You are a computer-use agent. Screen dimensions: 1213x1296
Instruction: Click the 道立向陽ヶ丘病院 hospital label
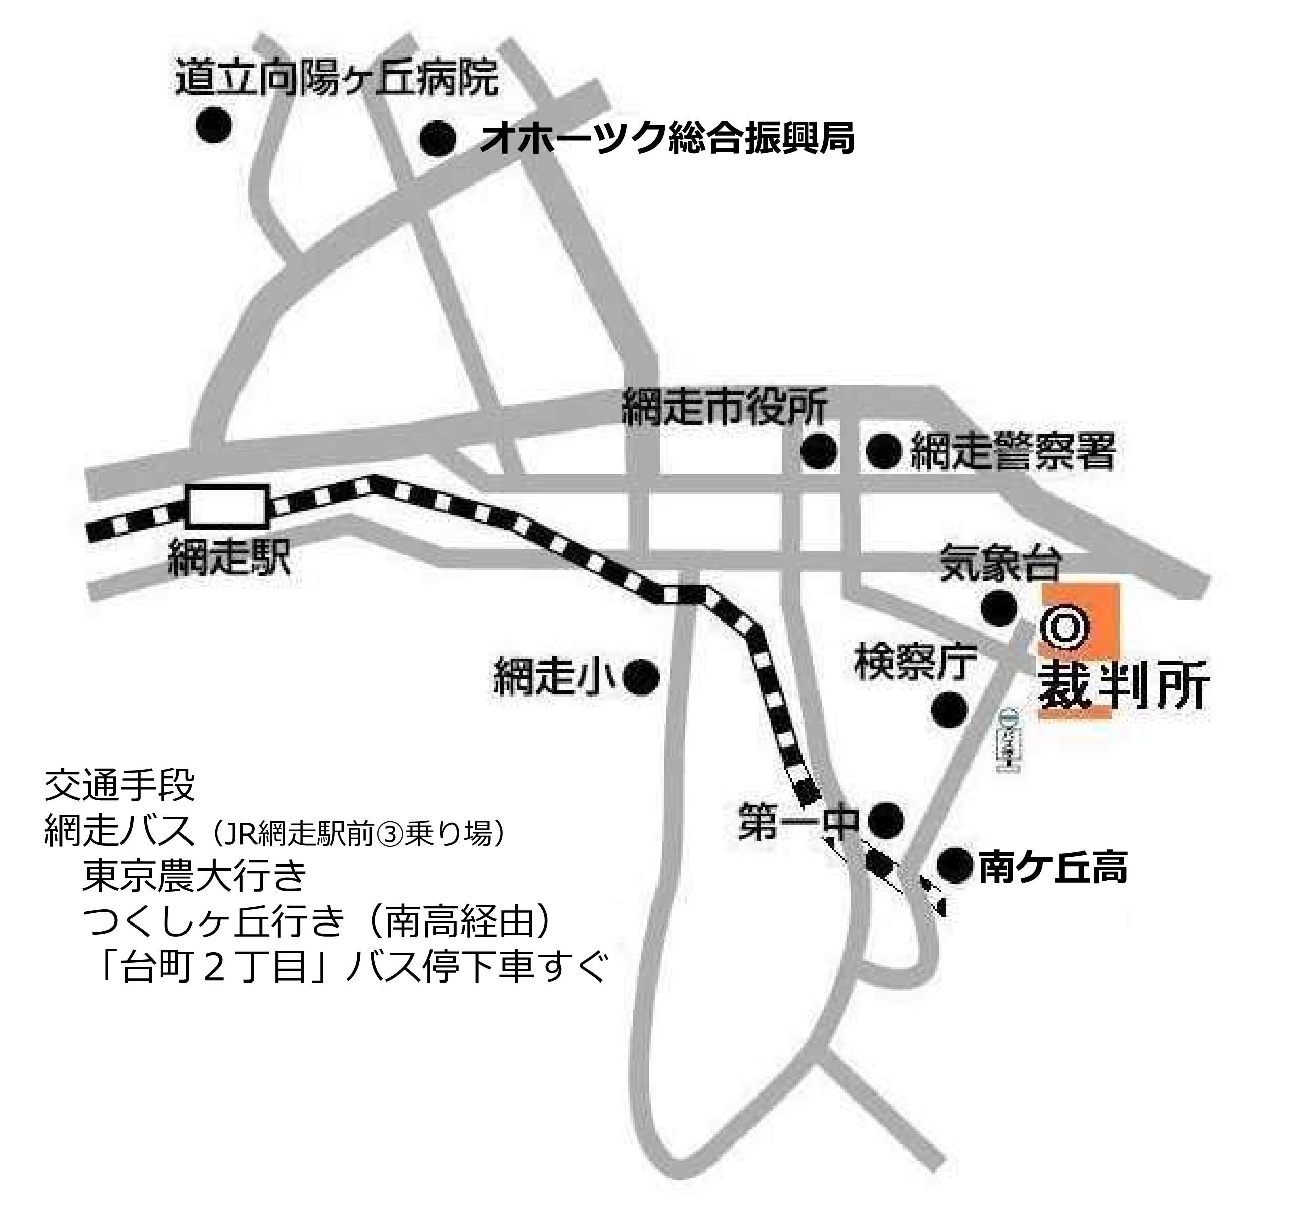(337, 78)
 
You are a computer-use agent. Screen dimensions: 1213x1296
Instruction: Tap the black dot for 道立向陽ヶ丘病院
(214, 124)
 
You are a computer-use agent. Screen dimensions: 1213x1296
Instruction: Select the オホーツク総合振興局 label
(666, 138)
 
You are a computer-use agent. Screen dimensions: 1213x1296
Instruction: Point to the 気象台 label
(1000, 563)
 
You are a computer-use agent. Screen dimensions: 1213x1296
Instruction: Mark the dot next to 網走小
(642, 677)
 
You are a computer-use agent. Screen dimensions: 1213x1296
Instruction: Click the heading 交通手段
(119, 785)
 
